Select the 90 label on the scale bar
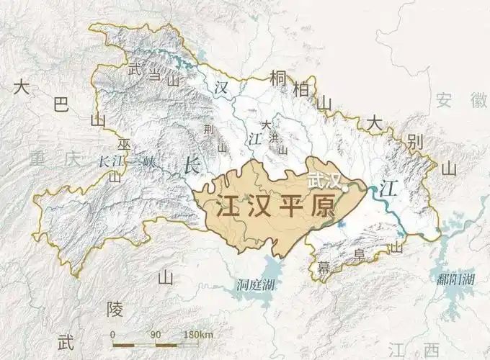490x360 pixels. pyautogui.click(x=156, y=335)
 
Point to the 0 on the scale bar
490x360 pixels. pyautogui.click(x=113, y=335)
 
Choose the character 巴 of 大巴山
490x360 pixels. pyautogui.click(x=61, y=107)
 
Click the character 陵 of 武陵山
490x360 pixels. pyautogui.click(x=115, y=310)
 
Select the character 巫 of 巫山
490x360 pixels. pyautogui.click(x=125, y=145)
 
